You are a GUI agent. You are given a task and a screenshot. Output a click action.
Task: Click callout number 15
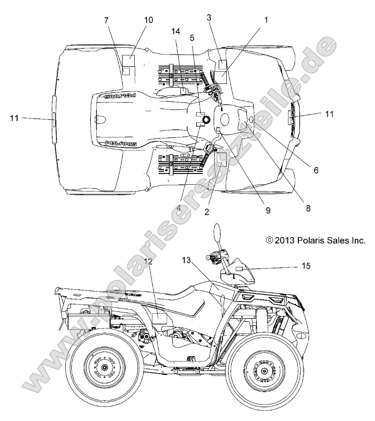click(306, 266)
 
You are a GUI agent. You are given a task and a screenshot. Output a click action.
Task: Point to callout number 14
click(175, 31)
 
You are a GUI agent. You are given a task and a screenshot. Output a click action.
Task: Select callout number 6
click(316, 170)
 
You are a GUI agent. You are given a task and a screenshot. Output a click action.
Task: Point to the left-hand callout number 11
click(14, 118)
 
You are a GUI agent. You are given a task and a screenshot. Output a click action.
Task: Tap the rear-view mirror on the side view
click(218, 235)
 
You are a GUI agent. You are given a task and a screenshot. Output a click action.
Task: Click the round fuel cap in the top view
click(206, 119)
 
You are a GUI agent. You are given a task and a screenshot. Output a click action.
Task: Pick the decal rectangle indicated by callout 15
click(239, 268)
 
